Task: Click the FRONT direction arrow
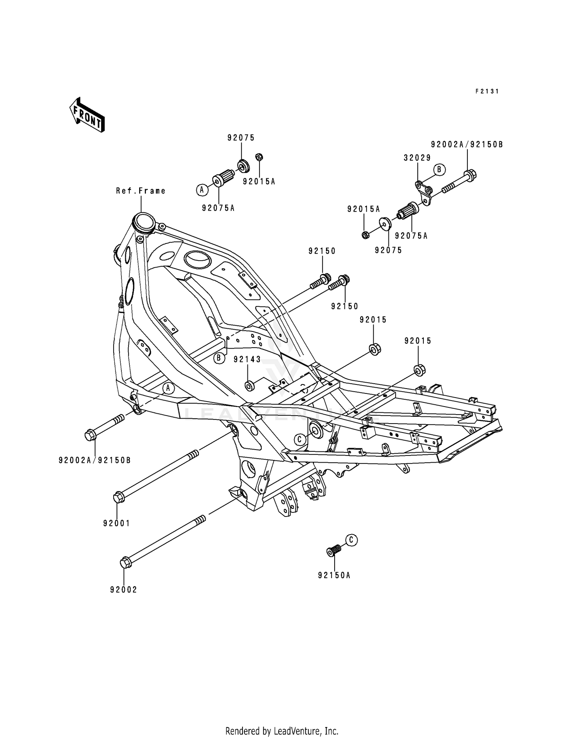[x=86, y=115]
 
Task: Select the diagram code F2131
[x=487, y=91]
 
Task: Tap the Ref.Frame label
[x=141, y=191]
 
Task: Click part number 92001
[x=117, y=523]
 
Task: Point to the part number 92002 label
[x=123, y=589]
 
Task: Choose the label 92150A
[x=334, y=575]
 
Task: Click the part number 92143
[x=247, y=360]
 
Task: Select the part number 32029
[x=417, y=158]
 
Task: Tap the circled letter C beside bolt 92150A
[x=351, y=540]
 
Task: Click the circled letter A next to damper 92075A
[x=202, y=190]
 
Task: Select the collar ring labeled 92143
[x=249, y=386]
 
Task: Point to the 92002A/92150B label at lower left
[x=94, y=460]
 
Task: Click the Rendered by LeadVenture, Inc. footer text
[x=282, y=720]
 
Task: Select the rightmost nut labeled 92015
[x=420, y=370]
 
